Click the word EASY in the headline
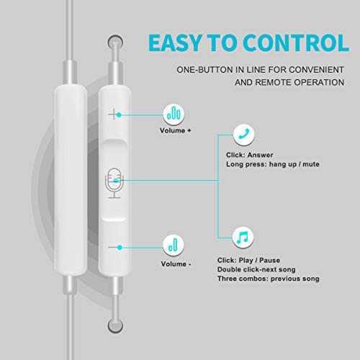pos(175,42)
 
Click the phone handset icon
pos(243,135)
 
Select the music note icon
pos(243,238)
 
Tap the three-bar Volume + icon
pos(174,114)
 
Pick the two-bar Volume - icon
pos(174,245)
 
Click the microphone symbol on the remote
pos(114,183)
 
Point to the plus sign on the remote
pos(113,114)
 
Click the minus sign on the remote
pos(114,247)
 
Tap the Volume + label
pos(176,131)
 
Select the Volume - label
pos(176,264)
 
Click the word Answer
pos(260,155)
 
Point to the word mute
pos(311,164)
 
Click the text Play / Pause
pos(259,261)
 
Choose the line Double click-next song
pos(256,269)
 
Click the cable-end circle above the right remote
pos(115,42)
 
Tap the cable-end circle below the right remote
pos(115,325)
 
